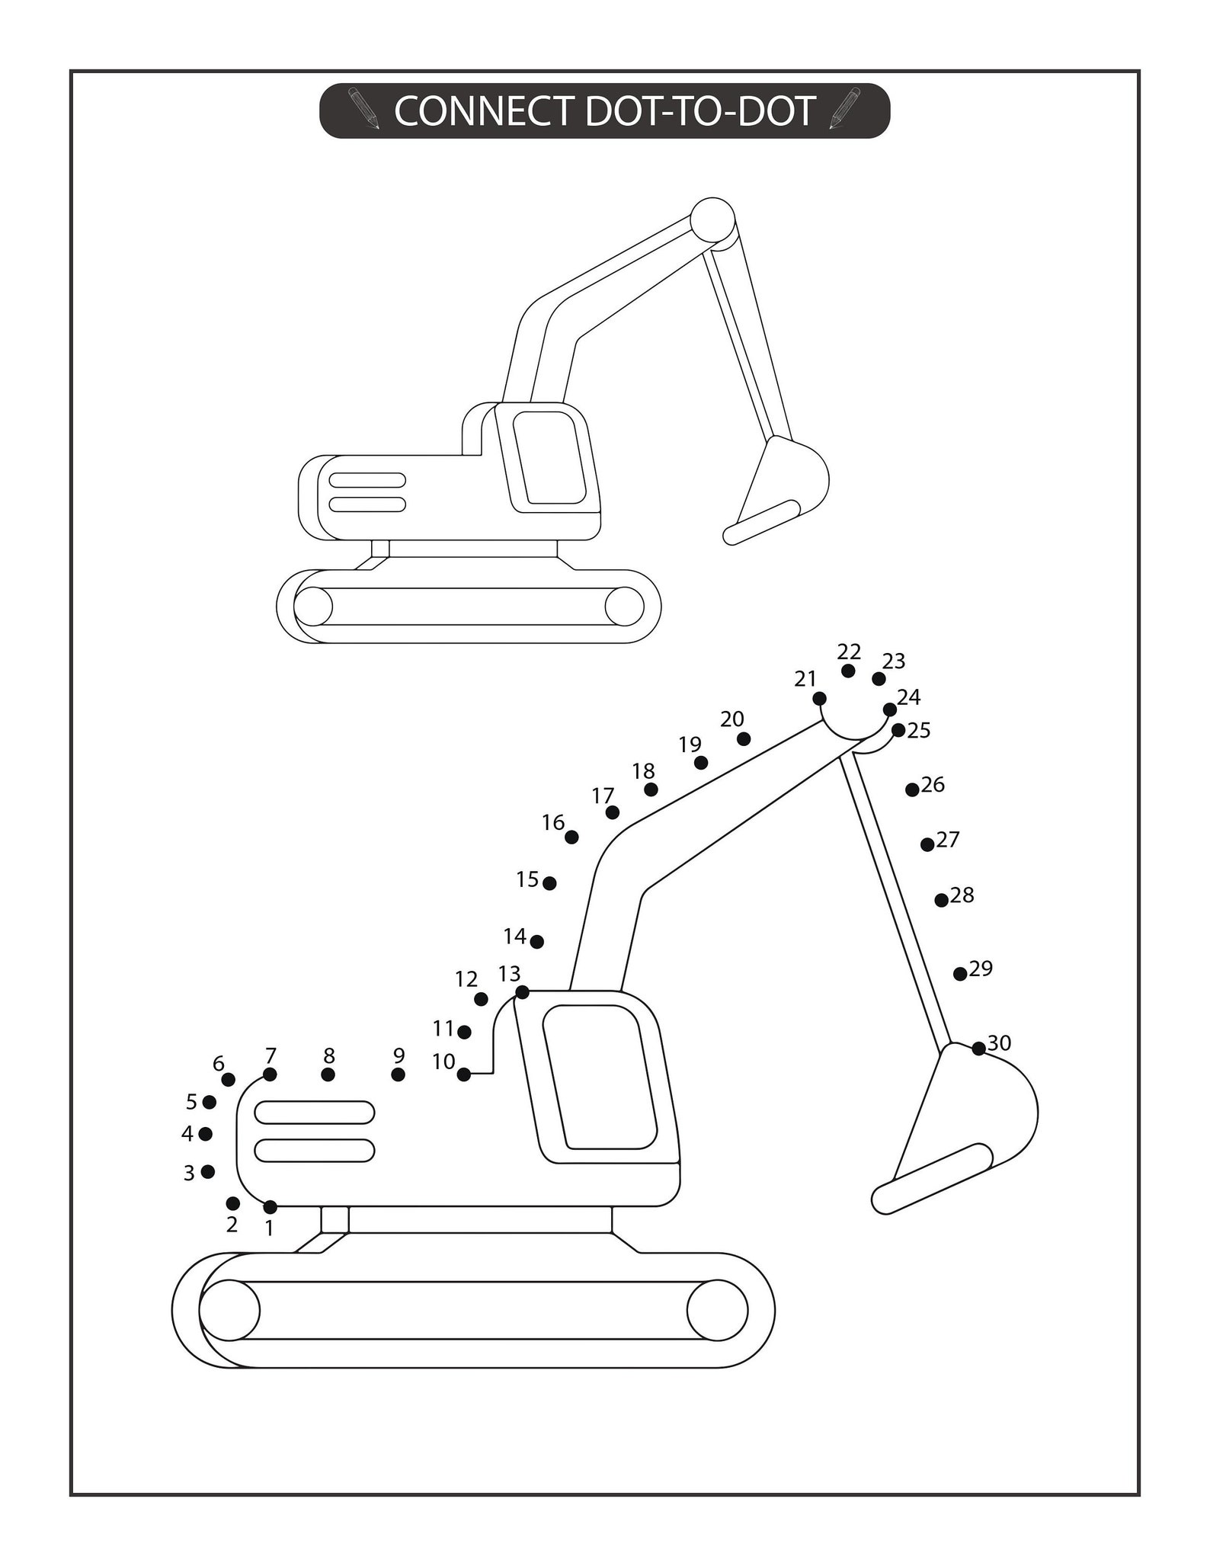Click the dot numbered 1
pos(270,1206)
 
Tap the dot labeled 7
pos(270,1074)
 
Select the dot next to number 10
pos(464,1074)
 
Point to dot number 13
pos(522,992)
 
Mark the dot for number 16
pos(571,837)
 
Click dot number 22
pos(848,671)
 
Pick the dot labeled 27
pos(927,844)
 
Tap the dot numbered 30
pos(979,1049)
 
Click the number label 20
pos(732,719)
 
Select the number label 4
pos(187,1134)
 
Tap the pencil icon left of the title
pos(364,108)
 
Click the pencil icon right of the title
pos(844,108)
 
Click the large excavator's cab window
pos(601,1077)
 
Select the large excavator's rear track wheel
pos(229,1310)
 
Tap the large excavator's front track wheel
pos(716,1310)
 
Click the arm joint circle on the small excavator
pos(712,219)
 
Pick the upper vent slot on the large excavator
pos(314,1113)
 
